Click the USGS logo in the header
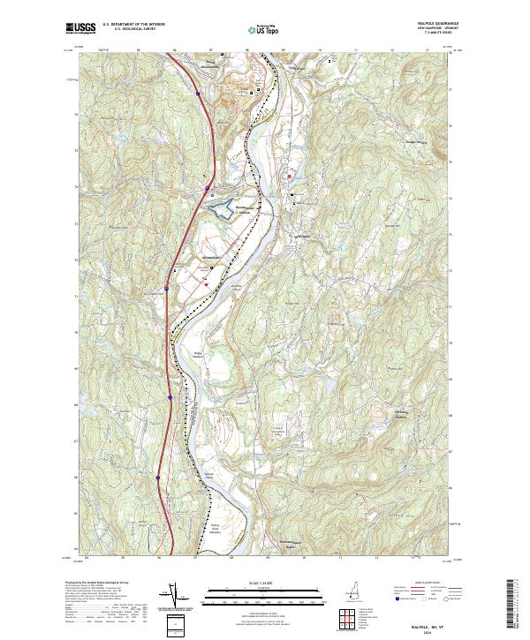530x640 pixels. (x=80, y=28)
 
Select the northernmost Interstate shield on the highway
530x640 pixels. (x=199, y=92)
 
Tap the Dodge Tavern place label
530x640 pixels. (x=413, y=140)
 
